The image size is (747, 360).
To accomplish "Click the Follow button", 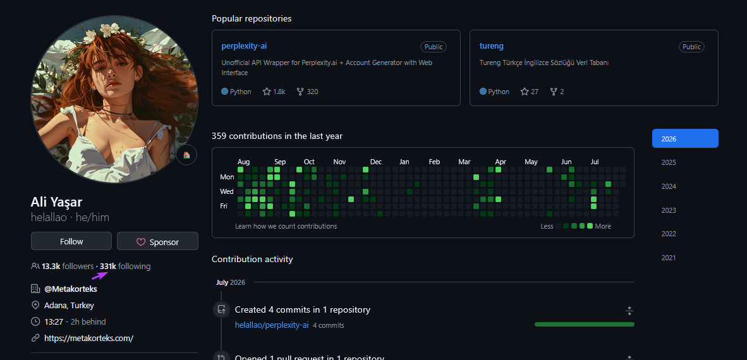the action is tap(71, 241).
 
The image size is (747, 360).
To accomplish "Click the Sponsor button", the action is tap(158, 241).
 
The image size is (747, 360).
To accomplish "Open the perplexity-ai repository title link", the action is tap(244, 46).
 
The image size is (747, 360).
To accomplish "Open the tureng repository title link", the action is tap(492, 46).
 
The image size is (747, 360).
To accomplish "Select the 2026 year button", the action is tap(685, 138).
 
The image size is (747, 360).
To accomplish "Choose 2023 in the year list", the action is tap(669, 210).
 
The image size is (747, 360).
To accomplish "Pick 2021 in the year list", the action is tap(669, 258).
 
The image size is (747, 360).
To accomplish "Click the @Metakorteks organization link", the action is tap(71, 289).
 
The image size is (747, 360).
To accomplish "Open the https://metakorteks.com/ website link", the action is tap(88, 338).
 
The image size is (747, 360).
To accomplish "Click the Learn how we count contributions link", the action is tap(286, 226).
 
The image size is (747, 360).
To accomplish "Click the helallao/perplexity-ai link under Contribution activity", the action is tap(272, 325).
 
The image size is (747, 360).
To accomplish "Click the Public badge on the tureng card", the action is tap(691, 47).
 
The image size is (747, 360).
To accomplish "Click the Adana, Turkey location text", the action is tap(69, 305).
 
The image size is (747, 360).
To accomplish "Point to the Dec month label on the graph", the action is tap(376, 162).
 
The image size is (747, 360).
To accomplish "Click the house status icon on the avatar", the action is tap(186, 155).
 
